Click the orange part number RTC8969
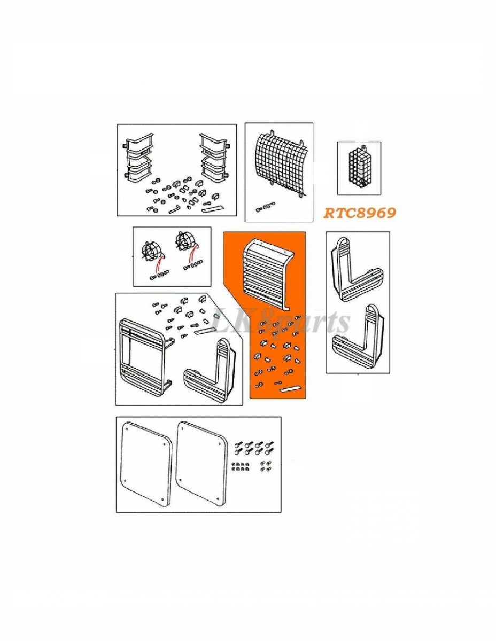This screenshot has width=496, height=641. [359, 213]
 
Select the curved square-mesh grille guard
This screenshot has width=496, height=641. [279, 165]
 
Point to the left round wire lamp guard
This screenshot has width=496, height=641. [152, 252]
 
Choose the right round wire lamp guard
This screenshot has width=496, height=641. [185, 244]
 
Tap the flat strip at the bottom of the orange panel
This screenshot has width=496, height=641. [290, 388]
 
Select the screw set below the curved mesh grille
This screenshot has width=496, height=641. [265, 207]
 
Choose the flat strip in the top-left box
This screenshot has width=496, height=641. [211, 209]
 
